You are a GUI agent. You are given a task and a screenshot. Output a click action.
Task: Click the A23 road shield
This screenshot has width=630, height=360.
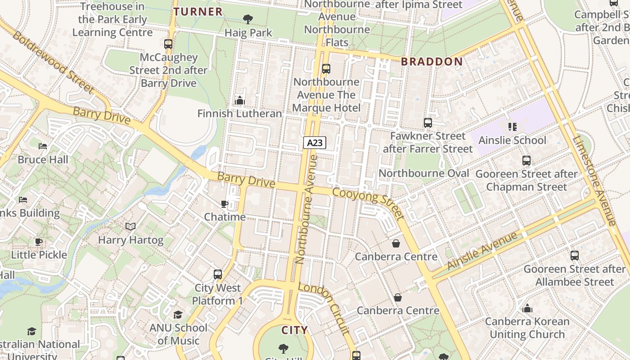click(x=315, y=143)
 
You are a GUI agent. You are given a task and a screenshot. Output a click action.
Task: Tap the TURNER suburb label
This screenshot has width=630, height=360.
click(x=198, y=12)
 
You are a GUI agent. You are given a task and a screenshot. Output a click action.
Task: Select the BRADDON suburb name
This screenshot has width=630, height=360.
click(x=432, y=62)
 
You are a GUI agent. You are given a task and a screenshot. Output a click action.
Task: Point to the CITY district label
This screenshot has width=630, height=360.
click(x=295, y=330)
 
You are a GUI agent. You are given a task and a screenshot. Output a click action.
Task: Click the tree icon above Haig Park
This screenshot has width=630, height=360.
click(x=247, y=19)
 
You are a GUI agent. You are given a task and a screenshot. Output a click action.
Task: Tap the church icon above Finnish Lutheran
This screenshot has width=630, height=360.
click(x=240, y=100)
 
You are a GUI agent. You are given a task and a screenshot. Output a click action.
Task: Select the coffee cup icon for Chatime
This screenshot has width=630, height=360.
click(x=225, y=204)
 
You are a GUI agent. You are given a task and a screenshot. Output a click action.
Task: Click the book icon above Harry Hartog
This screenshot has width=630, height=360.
click(x=130, y=226)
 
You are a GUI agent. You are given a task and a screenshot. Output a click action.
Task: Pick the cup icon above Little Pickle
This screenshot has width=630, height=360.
click(x=39, y=242)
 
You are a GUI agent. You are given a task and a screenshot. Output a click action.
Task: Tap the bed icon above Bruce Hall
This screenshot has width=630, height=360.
click(x=43, y=146)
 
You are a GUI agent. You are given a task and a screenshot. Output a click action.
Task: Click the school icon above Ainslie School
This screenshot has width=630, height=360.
click(x=512, y=127)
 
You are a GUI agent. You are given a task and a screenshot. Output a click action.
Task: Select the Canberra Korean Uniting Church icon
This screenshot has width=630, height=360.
click(x=527, y=308)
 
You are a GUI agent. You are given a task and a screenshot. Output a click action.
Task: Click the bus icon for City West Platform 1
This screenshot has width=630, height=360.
click(x=218, y=274)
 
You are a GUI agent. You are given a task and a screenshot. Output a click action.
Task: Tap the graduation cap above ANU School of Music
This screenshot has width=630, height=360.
click(x=178, y=315)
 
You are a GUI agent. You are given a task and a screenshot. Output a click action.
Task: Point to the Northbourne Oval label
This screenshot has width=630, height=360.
click(x=424, y=173)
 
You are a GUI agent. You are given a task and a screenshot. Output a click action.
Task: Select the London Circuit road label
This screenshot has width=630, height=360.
click(x=324, y=308)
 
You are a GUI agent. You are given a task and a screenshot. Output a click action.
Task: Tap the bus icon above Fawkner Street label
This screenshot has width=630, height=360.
click(x=427, y=122)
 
